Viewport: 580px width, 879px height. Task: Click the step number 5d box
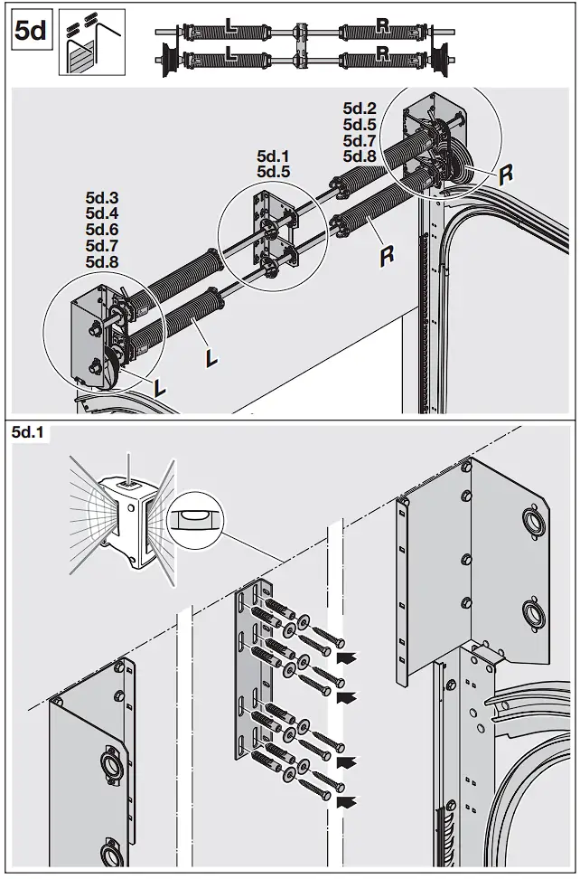coord(32,32)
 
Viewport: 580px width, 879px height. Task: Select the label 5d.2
coord(360,109)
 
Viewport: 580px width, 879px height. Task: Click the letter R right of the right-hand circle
coord(506,174)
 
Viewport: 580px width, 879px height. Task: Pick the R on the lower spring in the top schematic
coord(383,61)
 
